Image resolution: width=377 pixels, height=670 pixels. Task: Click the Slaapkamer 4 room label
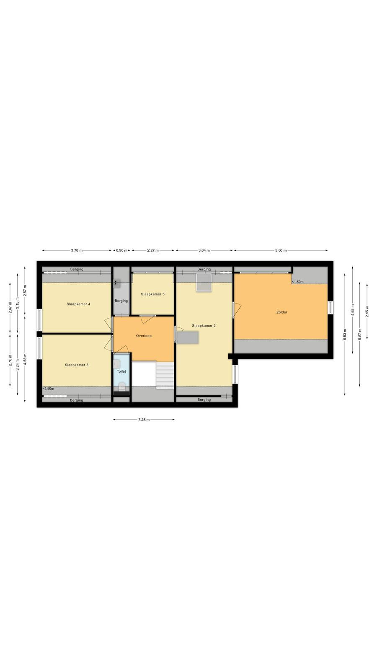(x=78, y=304)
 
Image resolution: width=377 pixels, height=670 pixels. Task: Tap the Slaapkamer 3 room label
(x=77, y=365)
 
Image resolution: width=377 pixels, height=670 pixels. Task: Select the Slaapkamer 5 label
(x=152, y=294)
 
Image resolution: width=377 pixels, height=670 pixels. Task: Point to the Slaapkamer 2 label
(x=204, y=326)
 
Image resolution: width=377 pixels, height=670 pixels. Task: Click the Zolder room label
(x=282, y=312)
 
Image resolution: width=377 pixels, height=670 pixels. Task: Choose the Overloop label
(x=144, y=336)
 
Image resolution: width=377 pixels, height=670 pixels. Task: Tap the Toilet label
(x=121, y=371)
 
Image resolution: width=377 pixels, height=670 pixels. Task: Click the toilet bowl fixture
(x=122, y=387)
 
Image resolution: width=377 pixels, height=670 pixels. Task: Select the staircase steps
(x=165, y=375)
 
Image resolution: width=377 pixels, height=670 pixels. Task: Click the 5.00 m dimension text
(x=281, y=250)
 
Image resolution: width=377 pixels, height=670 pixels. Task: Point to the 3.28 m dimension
(x=144, y=420)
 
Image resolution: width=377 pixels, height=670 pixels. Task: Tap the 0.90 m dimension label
(x=122, y=250)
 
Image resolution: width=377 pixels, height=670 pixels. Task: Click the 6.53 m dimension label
(x=345, y=335)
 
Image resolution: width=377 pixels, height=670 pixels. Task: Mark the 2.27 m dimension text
(x=153, y=250)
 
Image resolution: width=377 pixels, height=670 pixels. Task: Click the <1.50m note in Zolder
(x=298, y=282)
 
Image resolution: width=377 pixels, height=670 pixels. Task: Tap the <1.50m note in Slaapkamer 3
(x=48, y=389)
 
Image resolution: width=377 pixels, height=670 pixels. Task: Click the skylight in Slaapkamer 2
(x=204, y=283)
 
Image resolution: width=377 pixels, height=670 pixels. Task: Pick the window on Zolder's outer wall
(x=331, y=308)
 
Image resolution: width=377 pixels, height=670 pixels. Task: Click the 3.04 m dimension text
(x=204, y=250)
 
